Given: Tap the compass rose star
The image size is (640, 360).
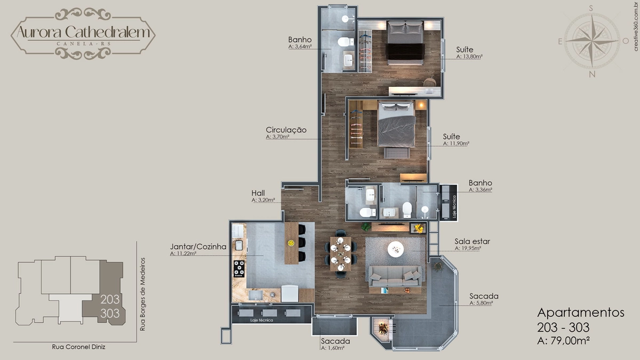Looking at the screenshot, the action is [x=592, y=41].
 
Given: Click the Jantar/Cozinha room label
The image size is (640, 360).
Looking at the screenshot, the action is [x=198, y=246].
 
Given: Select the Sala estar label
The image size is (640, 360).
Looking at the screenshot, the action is [x=473, y=242].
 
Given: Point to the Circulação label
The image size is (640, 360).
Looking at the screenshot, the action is [x=286, y=130].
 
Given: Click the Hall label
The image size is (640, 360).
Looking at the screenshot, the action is [x=258, y=193].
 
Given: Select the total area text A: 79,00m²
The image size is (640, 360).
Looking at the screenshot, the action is [x=563, y=341].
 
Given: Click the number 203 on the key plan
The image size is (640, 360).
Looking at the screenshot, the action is [x=110, y=299].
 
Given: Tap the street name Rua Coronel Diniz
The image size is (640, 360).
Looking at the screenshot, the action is [x=78, y=347].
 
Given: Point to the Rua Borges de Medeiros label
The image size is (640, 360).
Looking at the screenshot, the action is [x=142, y=294].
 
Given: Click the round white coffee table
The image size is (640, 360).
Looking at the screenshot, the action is [x=396, y=249].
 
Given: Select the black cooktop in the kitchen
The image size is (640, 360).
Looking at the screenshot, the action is [x=239, y=269].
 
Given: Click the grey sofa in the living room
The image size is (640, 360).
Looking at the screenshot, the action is [x=395, y=276].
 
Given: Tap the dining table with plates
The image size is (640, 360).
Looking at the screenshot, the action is [x=341, y=254].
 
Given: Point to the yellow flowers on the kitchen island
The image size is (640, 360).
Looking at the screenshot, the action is [x=291, y=243].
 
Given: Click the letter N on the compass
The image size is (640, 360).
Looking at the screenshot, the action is [x=592, y=74].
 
